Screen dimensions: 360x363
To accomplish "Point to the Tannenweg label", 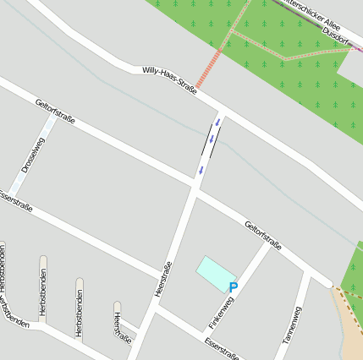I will (x=291, y=325).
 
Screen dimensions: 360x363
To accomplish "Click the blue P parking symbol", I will (x=234, y=287).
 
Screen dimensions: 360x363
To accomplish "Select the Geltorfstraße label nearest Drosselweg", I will (x=56, y=112).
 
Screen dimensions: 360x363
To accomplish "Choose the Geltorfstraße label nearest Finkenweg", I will (x=262, y=235).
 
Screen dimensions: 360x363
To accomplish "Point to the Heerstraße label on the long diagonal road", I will (x=164, y=278).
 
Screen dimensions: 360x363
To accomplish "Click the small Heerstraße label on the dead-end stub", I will (x=123, y=328).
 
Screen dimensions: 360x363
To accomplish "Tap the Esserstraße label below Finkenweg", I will (x=223, y=347).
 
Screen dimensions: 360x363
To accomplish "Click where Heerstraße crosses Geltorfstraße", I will (x=195, y=187).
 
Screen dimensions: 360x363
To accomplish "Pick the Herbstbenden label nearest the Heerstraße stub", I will (x=80, y=314).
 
